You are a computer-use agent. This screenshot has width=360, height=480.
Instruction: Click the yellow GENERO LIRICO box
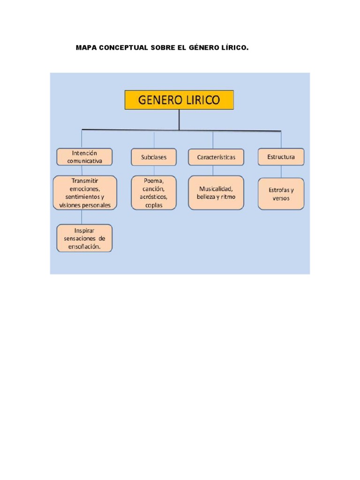point(179,100)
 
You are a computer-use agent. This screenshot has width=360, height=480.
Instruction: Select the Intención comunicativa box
point(85,157)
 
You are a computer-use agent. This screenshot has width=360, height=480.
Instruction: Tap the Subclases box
point(154,157)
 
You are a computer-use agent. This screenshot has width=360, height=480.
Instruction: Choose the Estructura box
point(281,157)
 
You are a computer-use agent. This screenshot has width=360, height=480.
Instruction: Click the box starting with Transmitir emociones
point(85,193)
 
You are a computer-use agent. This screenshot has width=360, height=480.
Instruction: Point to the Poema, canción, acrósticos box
point(154,193)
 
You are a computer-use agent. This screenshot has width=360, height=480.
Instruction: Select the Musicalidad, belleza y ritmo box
point(216,193)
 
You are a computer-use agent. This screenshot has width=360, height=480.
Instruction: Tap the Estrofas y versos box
point(281,194)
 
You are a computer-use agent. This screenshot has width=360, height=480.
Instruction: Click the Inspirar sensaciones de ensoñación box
point(85,238)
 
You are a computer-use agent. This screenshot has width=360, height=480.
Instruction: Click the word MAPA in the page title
point(86,48)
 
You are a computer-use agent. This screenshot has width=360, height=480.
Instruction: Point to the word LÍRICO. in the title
point(232,48)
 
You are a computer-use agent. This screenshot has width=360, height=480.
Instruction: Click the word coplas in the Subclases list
point(154,205)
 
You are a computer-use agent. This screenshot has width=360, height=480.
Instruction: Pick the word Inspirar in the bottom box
point(84,230)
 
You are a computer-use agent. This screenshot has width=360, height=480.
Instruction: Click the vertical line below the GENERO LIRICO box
point(179,120)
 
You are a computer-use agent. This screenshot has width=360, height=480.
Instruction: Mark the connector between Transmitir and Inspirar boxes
point(82,217)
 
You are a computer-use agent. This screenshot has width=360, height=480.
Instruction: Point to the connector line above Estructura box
point(281,140)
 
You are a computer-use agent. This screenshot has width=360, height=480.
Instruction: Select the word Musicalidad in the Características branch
point(216,188)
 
